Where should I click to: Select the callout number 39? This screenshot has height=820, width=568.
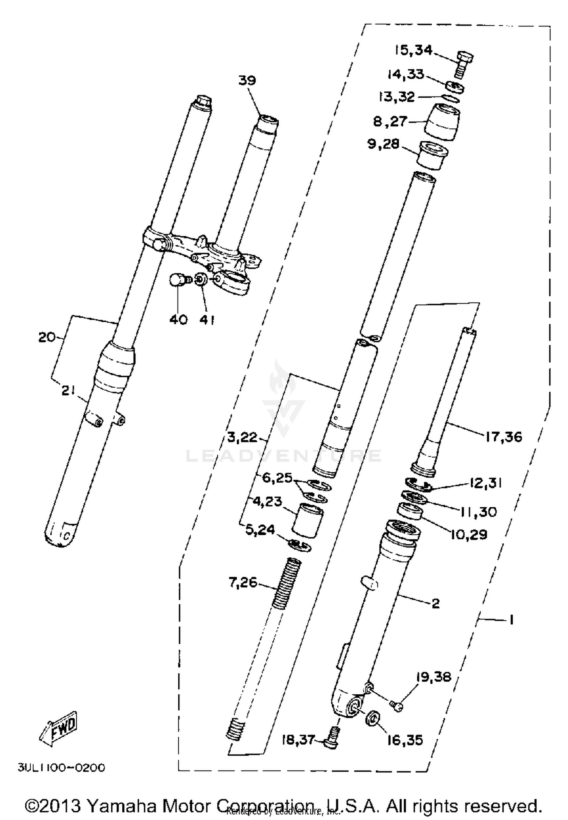247,80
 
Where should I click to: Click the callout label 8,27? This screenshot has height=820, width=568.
390,122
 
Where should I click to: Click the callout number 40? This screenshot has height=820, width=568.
178,320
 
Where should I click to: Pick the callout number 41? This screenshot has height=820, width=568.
207,320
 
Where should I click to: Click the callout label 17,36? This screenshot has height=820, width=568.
504,437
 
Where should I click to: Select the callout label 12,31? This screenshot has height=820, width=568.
485,483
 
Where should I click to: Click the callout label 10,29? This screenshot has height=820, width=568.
468,535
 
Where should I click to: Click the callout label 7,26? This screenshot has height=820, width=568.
243,582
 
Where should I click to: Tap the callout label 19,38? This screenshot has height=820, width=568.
434,677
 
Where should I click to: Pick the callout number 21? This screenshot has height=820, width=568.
68,391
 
